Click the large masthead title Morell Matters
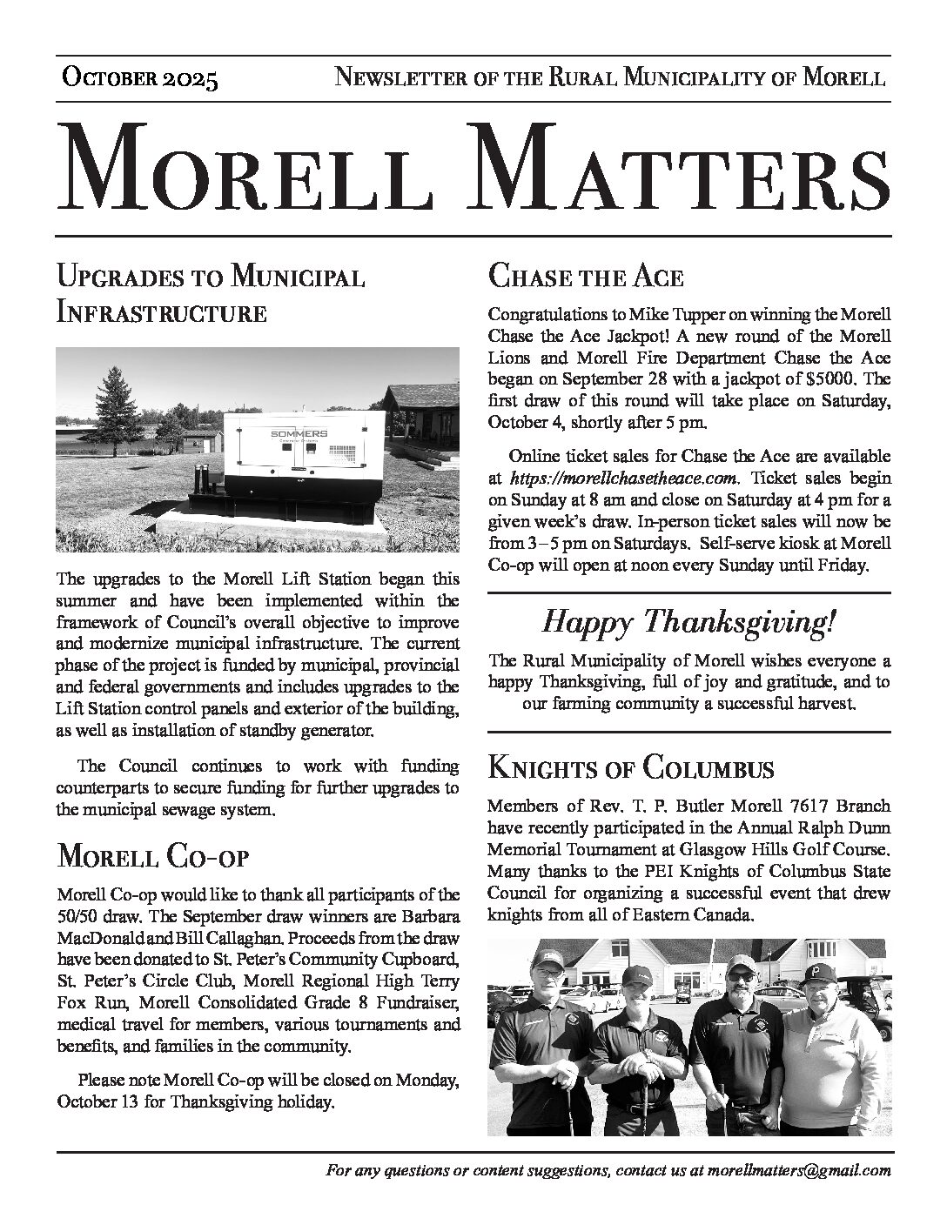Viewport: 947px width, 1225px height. [x=473, y=165]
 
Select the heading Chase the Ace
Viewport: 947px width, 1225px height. [x=586, y=278]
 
